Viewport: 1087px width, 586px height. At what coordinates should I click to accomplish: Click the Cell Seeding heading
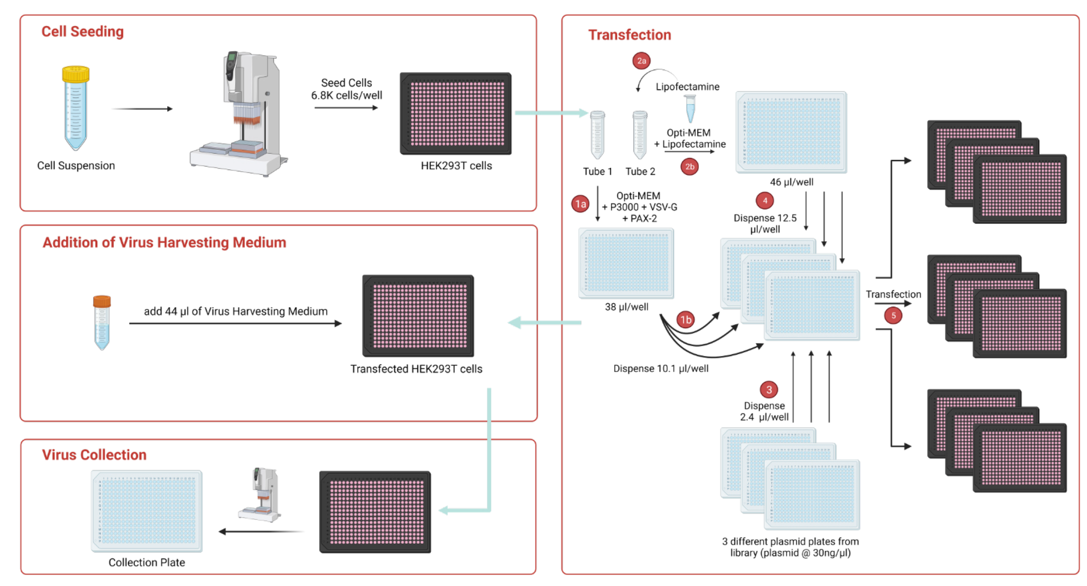coord(82,31)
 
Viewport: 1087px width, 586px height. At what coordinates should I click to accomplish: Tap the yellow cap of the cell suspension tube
coord(76,74)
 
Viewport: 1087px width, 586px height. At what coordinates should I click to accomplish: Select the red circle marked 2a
coord(641,61)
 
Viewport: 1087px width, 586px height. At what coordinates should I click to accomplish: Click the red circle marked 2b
coord(689,166)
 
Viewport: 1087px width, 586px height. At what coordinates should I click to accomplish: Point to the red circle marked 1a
coord(580,204)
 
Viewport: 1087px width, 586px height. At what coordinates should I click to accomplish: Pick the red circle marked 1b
coord(686,320)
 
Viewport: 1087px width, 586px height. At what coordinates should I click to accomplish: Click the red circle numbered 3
coord(768,389)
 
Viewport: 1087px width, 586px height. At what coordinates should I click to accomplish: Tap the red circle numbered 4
coord(765,201)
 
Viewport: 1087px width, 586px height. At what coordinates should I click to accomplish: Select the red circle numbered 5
coord(893,315)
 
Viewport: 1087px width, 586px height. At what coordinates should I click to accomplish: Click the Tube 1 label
coord(597,171)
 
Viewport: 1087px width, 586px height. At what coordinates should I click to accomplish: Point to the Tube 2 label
coord(640,171)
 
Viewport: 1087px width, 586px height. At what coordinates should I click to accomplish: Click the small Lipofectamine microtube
coord(690,108)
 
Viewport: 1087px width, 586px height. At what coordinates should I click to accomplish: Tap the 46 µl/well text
coord(791,182)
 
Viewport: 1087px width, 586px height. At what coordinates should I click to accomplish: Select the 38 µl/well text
coord(626,307)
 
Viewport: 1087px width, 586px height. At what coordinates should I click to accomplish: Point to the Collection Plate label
coord(146,562)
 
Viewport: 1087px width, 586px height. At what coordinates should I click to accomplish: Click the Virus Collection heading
coord(94,455)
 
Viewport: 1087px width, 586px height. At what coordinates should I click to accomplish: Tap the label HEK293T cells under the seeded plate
coord(456,166)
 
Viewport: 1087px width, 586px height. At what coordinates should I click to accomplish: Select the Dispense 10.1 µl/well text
coord(660,369)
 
